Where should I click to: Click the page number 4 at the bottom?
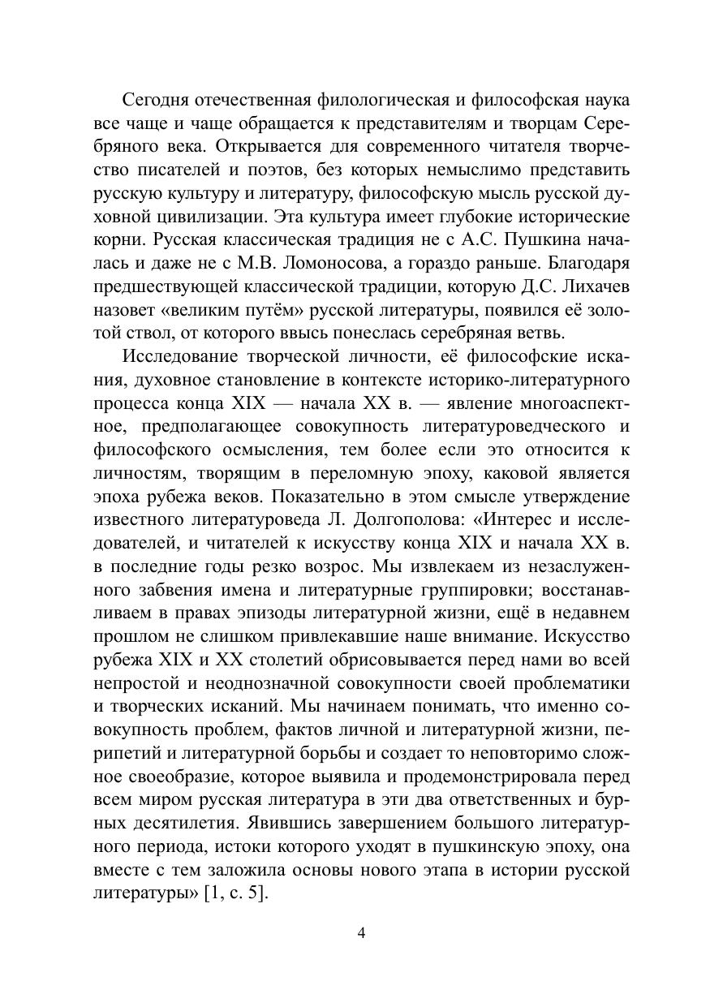tap(361, 932)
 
